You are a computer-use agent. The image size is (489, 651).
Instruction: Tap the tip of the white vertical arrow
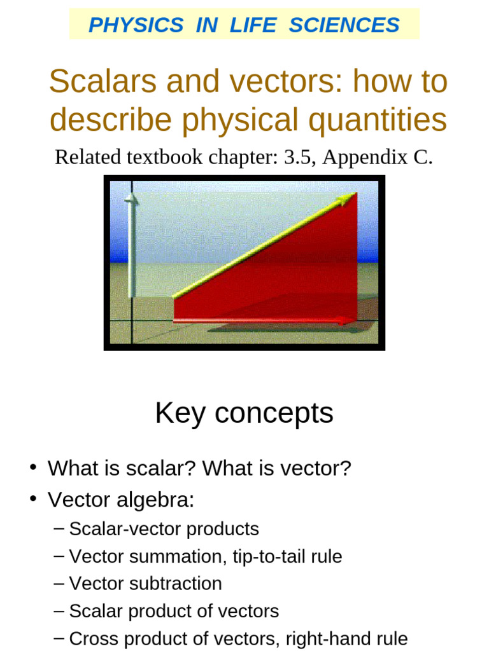click(x=132, y=198)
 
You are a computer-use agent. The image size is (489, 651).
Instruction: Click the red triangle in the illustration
click(x=299, y=273)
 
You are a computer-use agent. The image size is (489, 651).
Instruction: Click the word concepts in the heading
click(x=274, y=414)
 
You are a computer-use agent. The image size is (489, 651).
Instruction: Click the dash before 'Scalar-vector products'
click(x=59, y=529)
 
